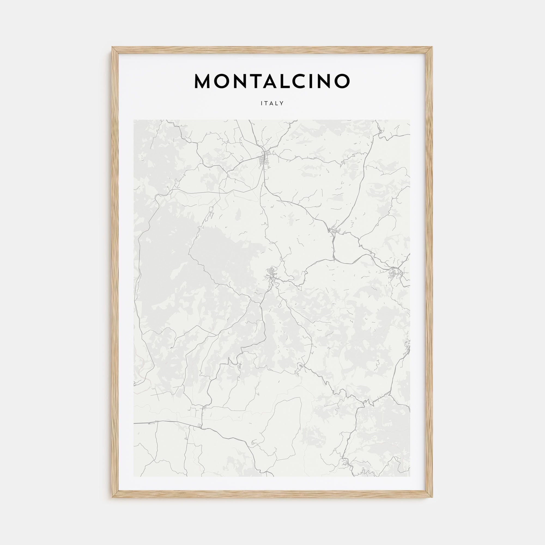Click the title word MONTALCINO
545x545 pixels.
[272, 81]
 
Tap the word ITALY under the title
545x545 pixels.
[272, 104]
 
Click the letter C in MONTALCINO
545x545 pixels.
[305, 81]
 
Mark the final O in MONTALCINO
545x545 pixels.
[342, 81]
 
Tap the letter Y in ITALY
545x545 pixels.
[281, 104]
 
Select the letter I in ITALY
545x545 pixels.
[262, 104]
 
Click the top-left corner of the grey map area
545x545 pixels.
[134, 120]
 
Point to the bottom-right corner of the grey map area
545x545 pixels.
[410, 476]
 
